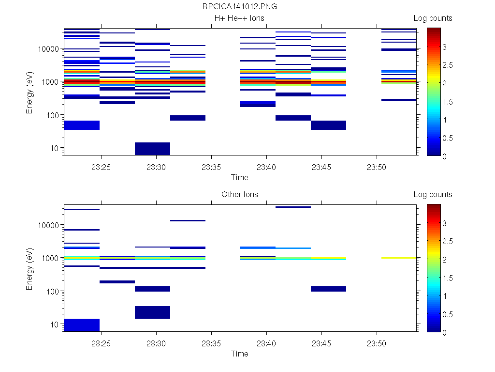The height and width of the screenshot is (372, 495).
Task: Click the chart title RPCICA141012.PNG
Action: coord(240,7)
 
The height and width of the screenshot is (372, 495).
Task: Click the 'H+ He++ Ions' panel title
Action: coord(240,18)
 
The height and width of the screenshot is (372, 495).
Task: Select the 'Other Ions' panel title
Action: coord(240,195)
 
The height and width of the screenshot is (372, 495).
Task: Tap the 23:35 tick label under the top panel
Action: coord(211,167)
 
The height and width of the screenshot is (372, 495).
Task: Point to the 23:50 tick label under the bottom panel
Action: coord(377,343)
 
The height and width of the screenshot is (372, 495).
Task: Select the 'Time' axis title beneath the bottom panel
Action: coord(240,354)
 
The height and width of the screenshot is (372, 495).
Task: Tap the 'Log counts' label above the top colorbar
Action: coord(433,18)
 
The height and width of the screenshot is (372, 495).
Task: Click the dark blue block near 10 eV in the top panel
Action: coord(152,149)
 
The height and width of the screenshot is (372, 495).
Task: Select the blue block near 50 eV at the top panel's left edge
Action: coord(82,125)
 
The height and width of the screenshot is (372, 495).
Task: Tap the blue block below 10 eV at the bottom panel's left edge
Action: coord(82,325)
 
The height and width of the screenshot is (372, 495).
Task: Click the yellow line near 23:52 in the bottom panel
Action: coord(399,258)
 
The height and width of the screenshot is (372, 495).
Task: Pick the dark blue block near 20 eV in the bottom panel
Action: coord(152,312)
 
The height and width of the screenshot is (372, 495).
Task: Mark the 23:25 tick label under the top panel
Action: coord(101,167)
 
